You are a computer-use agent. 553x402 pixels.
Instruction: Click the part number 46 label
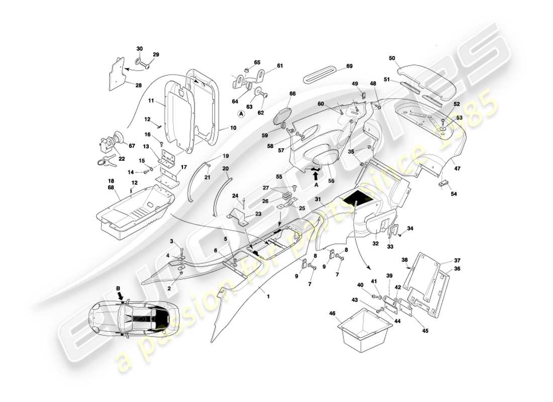point(332,313)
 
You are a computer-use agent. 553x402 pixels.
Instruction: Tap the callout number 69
point(349,66)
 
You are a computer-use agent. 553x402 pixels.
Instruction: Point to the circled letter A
point(241,114)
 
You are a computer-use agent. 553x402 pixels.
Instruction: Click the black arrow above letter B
point(121,297)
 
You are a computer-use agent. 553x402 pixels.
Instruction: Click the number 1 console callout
point(268,296)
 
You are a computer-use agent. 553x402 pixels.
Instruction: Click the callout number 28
point(138,85)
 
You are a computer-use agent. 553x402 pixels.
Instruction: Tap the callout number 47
point(457,169)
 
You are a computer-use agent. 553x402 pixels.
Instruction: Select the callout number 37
point(457,261)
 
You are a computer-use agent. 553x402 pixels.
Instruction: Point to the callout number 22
point(122,158)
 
